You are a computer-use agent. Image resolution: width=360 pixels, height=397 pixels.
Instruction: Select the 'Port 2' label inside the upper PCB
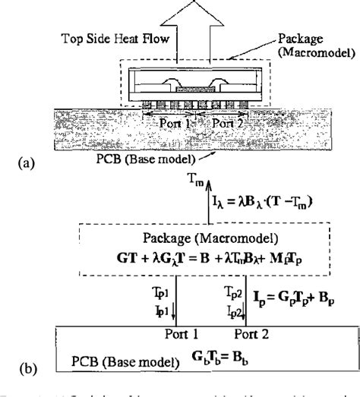coord(225,122)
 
